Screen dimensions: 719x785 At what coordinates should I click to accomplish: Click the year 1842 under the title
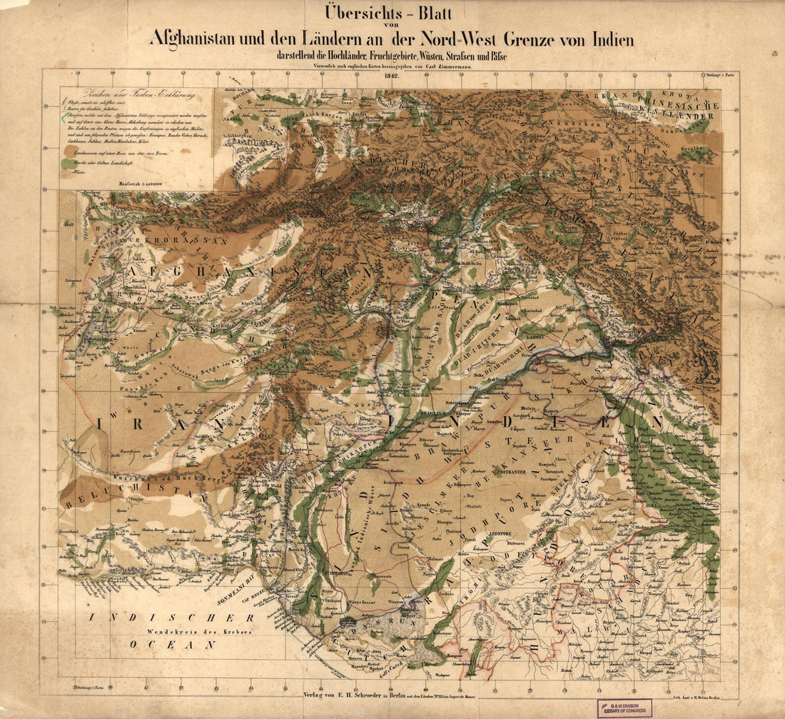392,75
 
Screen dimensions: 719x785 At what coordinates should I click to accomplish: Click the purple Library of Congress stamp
630,708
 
